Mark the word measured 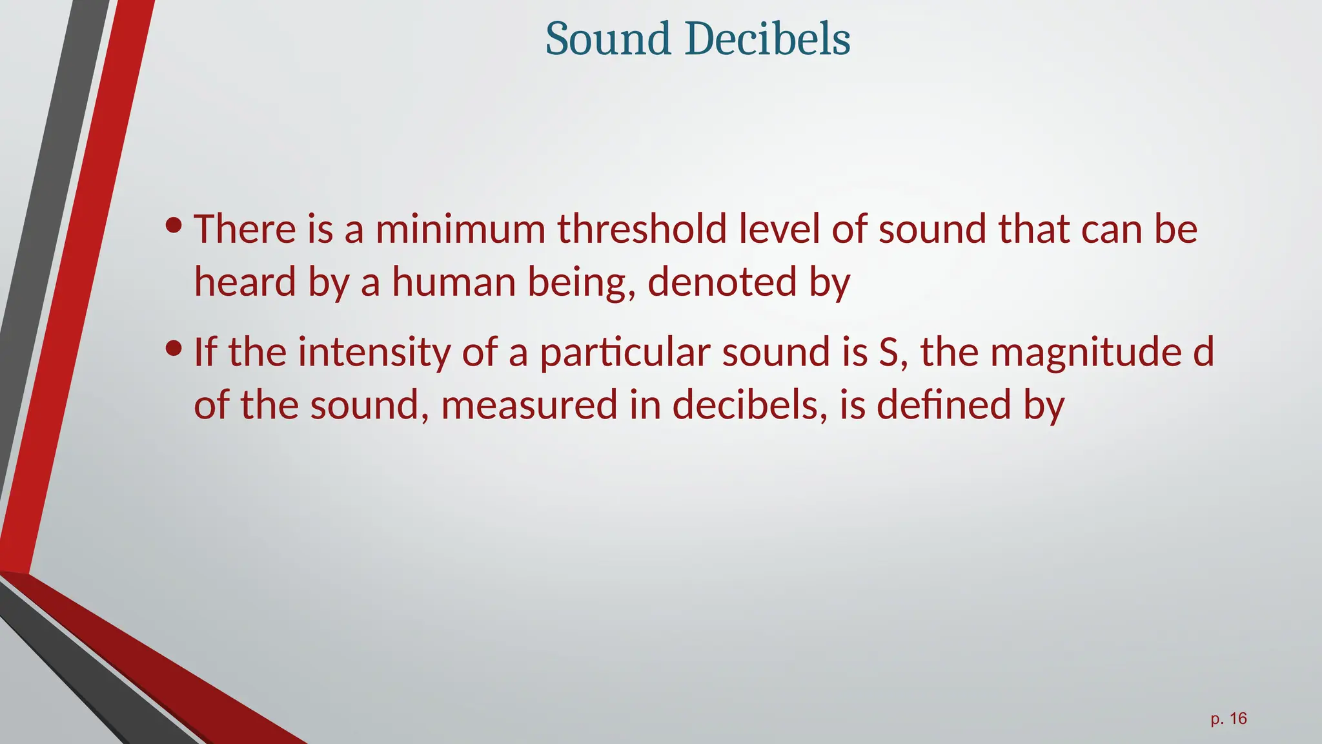[x=529, y=406]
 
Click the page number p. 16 [x=1228, y=719]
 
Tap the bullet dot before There [x=173, y=225]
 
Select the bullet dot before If [x=173, y=349]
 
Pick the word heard [x=245, y=282]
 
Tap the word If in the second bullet [x=205, y=353]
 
